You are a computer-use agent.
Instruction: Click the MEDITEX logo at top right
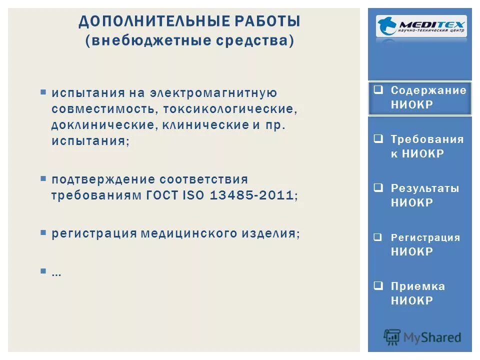coord(421,26)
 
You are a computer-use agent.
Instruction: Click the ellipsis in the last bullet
coord(56,272)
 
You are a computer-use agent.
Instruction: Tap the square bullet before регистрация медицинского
coord(43,232)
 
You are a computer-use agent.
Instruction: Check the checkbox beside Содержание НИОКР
coord(379,90)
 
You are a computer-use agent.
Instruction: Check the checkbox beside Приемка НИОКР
coord(379,286)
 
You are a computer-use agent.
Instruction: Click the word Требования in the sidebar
coord(427,139)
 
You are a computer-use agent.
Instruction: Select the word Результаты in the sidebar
coord(424,188)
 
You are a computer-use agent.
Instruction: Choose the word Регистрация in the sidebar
coord(425,237)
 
